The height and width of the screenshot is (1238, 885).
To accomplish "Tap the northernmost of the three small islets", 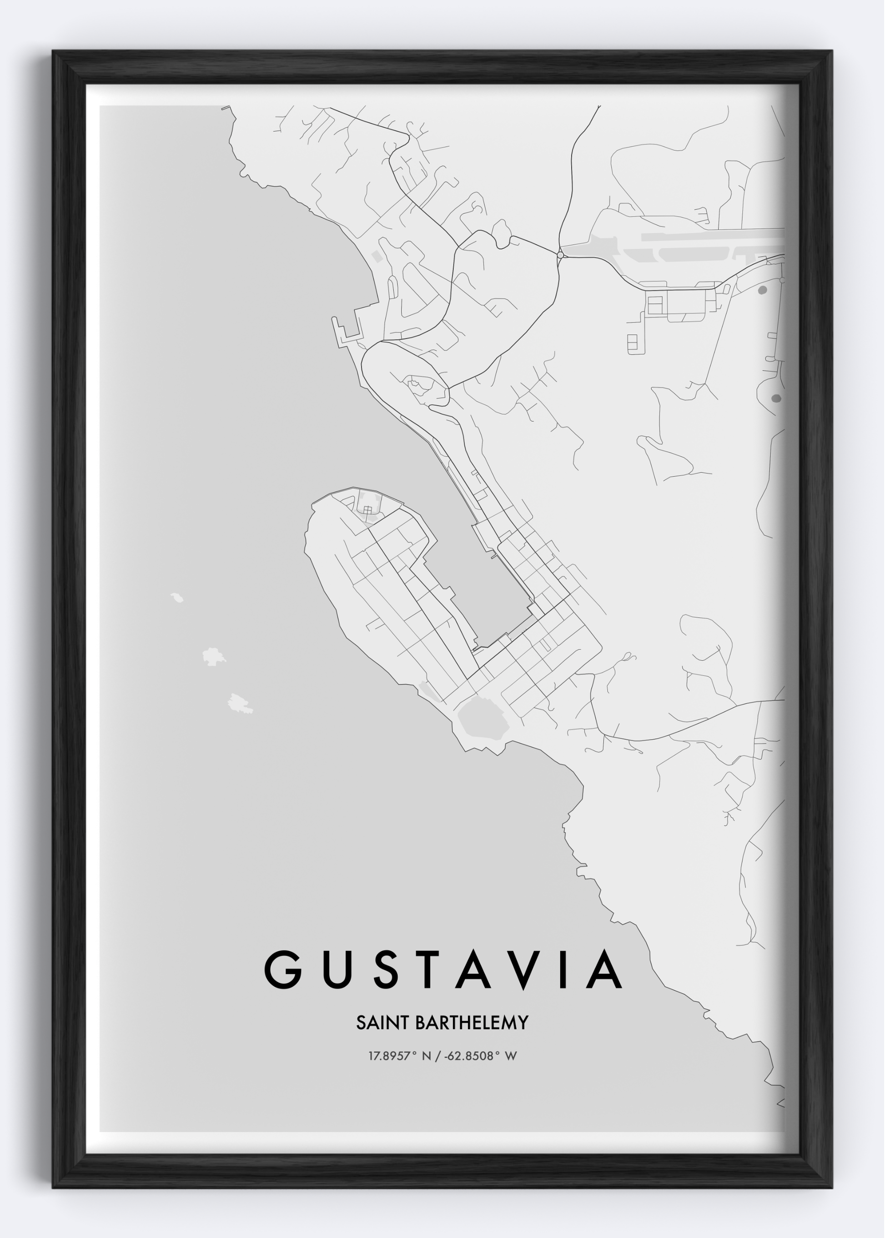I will (176, 598).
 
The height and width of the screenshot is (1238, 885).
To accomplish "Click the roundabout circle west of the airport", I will (560, 254).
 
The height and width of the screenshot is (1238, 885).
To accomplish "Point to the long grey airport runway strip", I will (711, 236).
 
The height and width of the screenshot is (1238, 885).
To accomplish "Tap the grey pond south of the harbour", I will (482, 719).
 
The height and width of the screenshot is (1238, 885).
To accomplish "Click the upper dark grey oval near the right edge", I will (762, 290).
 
